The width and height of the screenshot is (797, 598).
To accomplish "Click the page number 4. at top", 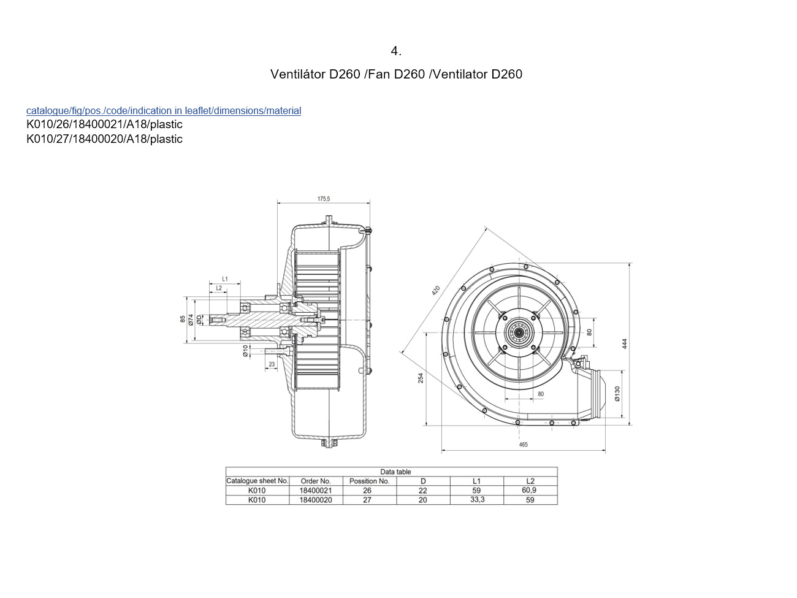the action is (396, 51).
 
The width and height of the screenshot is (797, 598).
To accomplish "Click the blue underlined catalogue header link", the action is (164, 111).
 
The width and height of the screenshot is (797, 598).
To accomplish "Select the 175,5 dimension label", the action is (324, 199).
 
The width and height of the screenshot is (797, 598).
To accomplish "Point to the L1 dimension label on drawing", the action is (225, 279).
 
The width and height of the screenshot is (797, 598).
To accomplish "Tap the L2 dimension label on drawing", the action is (219, 288).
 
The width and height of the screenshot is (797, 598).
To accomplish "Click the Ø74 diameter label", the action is (191, 320).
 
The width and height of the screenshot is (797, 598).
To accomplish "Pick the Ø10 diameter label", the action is (245, 351).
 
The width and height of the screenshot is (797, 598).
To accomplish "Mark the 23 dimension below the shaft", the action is (272, 364).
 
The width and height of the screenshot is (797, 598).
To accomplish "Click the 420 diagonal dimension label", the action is (436, 291).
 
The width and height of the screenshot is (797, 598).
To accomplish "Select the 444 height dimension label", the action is (624, 344).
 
